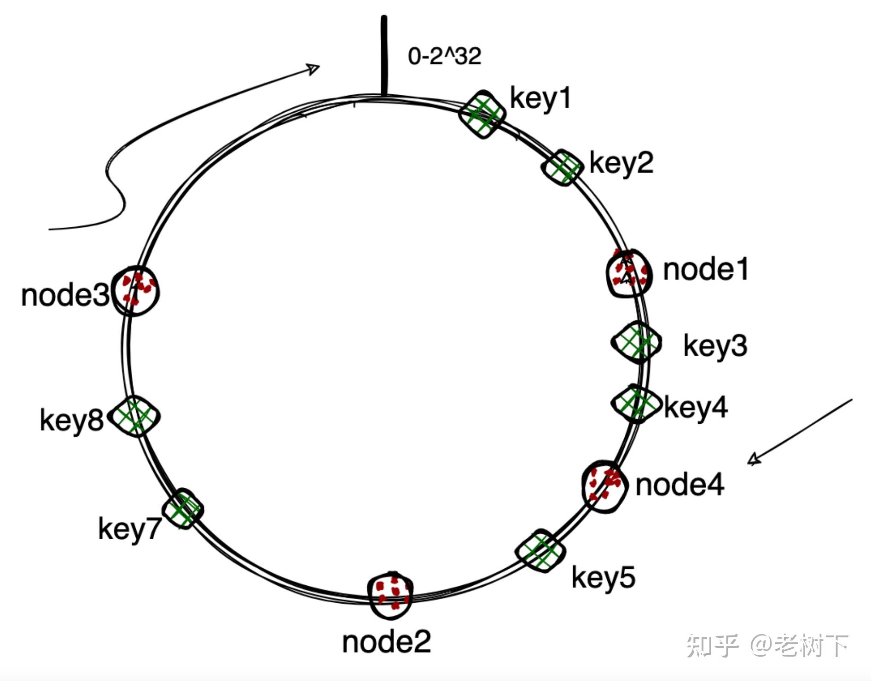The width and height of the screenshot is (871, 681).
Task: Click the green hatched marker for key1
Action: [482, 114]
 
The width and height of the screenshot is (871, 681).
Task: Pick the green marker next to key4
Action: [636, 404]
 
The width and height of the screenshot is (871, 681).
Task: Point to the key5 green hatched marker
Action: [540, 551]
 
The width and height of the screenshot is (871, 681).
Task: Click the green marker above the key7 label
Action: [183, 509]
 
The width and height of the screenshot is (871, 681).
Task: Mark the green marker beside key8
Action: [136, 416]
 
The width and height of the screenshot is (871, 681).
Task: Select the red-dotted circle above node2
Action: [391, 595]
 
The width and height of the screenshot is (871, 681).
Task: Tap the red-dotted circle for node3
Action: [136, 291]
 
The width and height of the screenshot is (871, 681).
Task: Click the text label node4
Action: [679, 485]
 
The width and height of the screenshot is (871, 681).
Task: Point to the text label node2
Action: [387, 642]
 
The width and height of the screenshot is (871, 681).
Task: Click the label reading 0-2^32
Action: [445, 56]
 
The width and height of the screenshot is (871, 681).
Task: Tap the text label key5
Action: [603, 577]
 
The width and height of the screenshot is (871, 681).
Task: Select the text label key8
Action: [72, 420]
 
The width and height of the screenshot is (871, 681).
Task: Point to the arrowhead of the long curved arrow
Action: [314, 69]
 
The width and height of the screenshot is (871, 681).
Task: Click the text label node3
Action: [65, 295]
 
